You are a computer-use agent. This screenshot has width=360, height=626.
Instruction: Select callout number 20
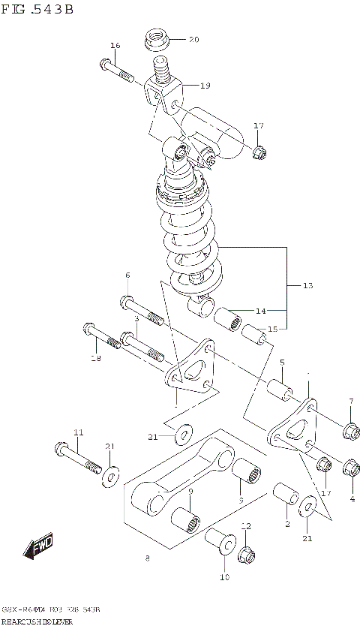pyautogui.click(x=193, y=39)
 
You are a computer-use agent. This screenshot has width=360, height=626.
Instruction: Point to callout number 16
pyautogui.click(x=115, y=46)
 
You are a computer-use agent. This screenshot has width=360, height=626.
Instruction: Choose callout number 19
pyautogui.click(x=205, y=86)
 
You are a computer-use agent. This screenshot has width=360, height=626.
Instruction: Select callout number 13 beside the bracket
pyautogui.click(x=307, y=286)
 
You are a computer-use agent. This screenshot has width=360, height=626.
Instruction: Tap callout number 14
pyautogui.click(x=260, y=310)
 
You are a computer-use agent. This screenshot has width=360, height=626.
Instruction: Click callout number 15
pyautogui.click(x=272, y=330)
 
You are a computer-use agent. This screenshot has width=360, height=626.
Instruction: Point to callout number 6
pyautogui.click(x=127, y=275)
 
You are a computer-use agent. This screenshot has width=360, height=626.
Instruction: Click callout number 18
pyautogui.click(x=94, y=359)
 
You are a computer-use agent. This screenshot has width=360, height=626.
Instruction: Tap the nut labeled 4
pyautogui.click(x=350, y=468)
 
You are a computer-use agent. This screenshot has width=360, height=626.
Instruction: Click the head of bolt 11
pyautogui.click(x=61, y=450)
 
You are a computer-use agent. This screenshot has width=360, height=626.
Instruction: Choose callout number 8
pyautogui.click(x=147, y=558)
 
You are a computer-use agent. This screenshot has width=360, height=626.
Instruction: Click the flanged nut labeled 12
pyautogui.click(x=246, y=555)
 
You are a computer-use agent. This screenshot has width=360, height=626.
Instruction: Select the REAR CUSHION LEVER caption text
pyautogui.click(x=40, y=621)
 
